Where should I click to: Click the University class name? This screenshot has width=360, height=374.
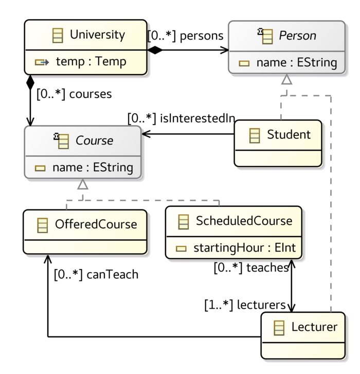(97, 35)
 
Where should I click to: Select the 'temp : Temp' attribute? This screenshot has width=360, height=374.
(91, 62)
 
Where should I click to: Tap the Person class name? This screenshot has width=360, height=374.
(297, 36)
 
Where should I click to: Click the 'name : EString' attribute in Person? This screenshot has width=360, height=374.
(297, 63)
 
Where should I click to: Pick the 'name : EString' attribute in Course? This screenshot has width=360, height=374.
(93, 167)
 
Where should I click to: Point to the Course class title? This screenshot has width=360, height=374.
(94, 140)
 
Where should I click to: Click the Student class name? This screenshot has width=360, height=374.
(289, 135)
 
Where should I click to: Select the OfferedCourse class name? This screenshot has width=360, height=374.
(96, 224)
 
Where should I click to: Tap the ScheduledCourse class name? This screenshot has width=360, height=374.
(244, 221)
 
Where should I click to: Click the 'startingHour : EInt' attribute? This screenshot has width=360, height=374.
(244, 248)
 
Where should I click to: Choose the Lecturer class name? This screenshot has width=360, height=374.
(314, 327)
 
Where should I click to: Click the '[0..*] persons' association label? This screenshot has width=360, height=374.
(186, 36)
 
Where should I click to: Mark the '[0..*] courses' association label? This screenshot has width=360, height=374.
(74, 94)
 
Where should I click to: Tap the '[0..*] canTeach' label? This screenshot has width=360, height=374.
(96, 274)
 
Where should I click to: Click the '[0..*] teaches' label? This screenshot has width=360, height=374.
(251, 268)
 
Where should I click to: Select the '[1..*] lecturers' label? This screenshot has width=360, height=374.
(245, 305)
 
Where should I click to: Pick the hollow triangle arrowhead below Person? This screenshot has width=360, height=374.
(286, 79)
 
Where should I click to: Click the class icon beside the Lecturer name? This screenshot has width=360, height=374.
(279, 327)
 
